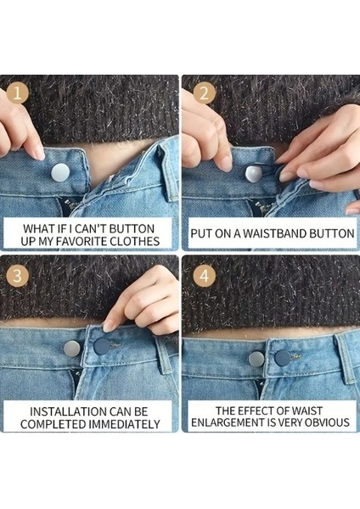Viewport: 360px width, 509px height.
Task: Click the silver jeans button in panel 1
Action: pyautogui.click(x=60, y=173)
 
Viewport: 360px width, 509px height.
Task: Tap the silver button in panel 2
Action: pyautogui.click(x=254, y=173)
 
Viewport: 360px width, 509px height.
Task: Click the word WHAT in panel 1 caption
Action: pyautogui.click(x=41, y=227)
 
